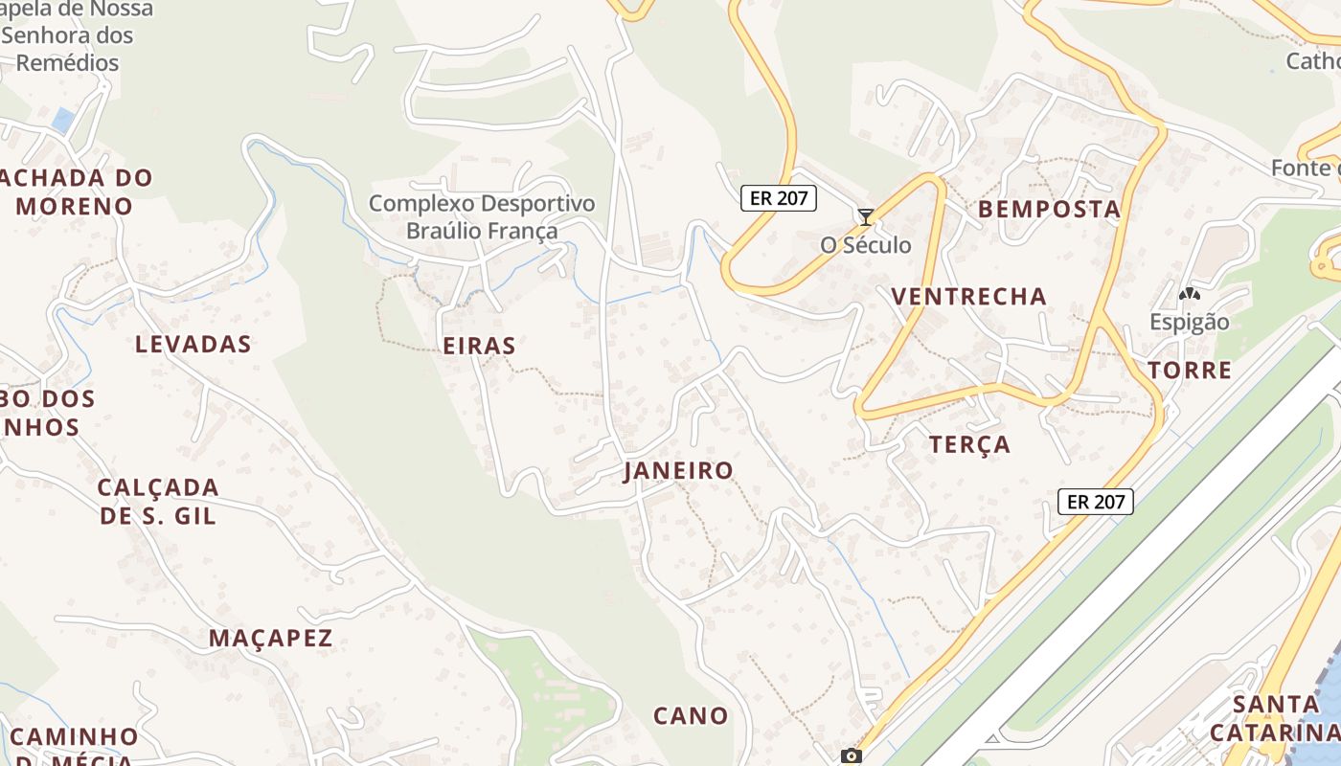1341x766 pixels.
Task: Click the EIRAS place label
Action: pyautogui.click(x=479, y=346)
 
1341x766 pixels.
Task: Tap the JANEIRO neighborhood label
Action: pyautogui.click(x=678, y=470)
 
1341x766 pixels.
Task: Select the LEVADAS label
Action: pyautogui.click(x=193, y=344)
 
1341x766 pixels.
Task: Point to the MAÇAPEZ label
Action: pyautogui.click(x=271, y=638)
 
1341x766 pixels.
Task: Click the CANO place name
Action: pyautogui.click(x=691, y=715)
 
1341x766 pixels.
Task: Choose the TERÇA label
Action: pyautogui.click(x=969, y=444)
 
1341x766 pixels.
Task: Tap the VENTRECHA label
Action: pyautogui.click(x=968, y=296)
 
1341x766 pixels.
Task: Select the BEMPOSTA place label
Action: pyautogui.click(x=1048, y=209)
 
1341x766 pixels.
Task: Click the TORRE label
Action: pyautogui.click(x=1189, y=371)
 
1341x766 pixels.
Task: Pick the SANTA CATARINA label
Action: pyautogui.click(x=1274, y=718)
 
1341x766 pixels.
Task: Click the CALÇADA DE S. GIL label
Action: pyautogui.click(x=158, y=501)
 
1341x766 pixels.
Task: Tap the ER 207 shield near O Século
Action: pyautogui.click(x=779, y=198)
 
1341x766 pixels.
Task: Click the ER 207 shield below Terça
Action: pyautogui.click(x=1096, y=501)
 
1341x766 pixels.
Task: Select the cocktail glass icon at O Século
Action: pyautogui.click(x=866, y=217)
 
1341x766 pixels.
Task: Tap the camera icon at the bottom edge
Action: pyautogui.click(x=851, y=755)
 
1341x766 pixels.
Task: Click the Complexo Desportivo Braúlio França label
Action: pyautogui.click(x=482, y=216)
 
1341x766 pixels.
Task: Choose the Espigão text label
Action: pyautogui.click(x=1189, y=322)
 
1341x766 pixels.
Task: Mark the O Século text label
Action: pyautogui.click(x=866, y=245)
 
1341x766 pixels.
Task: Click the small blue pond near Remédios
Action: pyautogui.click(x=63, y=121)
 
